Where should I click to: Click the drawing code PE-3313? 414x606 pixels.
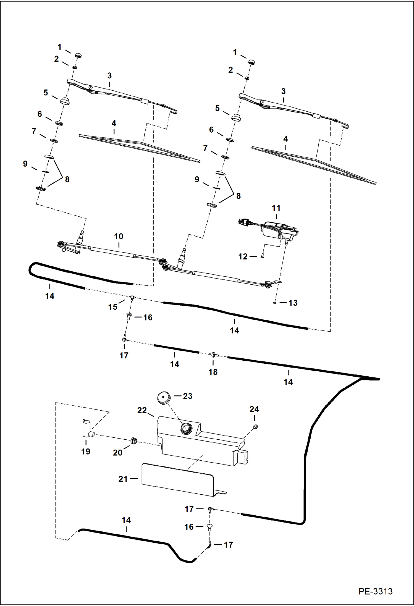point(375,591)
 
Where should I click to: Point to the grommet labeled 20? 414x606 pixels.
point(134,440)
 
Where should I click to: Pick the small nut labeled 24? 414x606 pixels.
point(255,427)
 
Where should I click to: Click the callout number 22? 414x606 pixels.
point(142,410)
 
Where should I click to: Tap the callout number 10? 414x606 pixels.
point(119,236)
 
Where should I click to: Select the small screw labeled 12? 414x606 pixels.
point(262,256)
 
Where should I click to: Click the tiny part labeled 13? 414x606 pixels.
point(274,303)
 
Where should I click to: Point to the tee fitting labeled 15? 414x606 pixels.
point(132,297)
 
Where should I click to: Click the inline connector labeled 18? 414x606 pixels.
point(213,355)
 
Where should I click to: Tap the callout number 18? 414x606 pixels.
point(213,372)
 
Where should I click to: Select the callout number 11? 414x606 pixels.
point(276,208)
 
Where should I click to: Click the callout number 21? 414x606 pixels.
point(123,479)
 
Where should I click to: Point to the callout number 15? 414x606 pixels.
point(112,307)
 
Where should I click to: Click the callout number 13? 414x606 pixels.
point(293,303)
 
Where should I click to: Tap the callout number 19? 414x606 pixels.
point(86,452)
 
